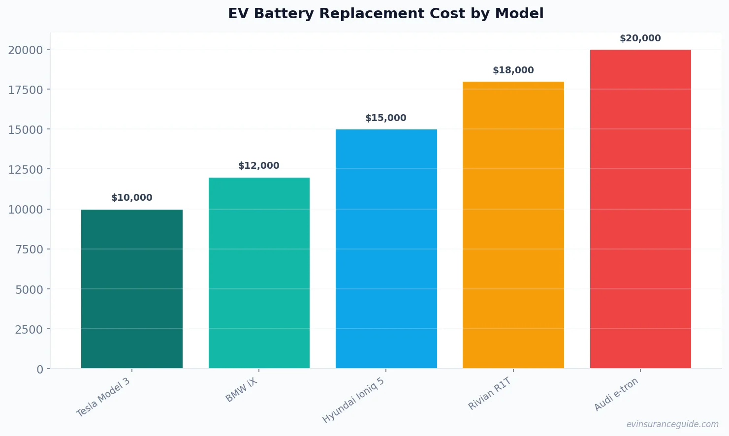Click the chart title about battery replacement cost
click(385, 14)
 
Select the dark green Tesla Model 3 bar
click(132, 289)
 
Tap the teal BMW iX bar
click(259, 273)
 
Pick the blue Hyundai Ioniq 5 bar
click(386, 249)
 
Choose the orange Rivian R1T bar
click(513, 225)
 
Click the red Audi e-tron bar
click(640, 209)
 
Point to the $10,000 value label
click(132, 198)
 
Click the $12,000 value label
click(259, 166)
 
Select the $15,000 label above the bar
click(386, 118)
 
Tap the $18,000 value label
click(513, 70)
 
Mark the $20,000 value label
click(640, 38)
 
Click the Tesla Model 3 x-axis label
click(103, 397)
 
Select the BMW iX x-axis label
click(241, 390)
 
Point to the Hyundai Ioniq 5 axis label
click(353, 400)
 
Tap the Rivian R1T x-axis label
click(490, 394)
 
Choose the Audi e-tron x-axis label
click(616, 394)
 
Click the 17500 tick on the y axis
click(26, 90)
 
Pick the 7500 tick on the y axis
click(29, 249)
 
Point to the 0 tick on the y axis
click(40, 370)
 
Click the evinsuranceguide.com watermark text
click(672, 424)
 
